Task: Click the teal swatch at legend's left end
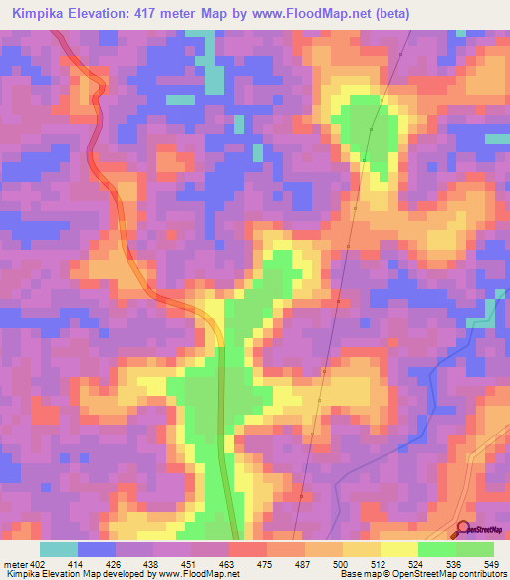(59, 549)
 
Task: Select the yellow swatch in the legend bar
(399, 549)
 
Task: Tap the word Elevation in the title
(105, 14)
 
